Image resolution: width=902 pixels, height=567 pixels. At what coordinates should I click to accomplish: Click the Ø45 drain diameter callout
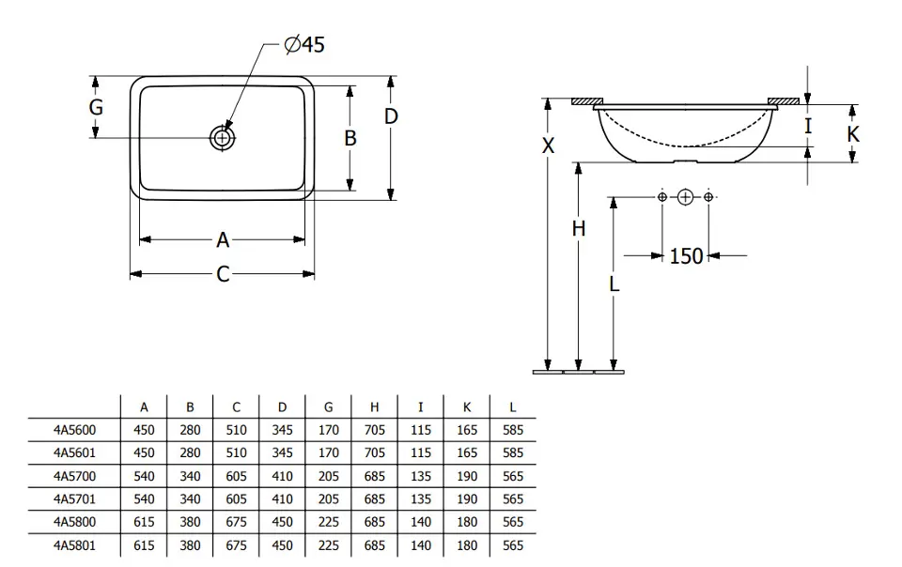[x=303, y=44]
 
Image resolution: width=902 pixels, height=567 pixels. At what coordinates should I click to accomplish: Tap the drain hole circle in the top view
[x=223, y=138]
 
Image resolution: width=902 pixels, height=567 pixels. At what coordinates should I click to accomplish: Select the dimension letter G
[x=96, y=107]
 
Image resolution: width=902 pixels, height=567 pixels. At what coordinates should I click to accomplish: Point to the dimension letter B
[x=350, y=138]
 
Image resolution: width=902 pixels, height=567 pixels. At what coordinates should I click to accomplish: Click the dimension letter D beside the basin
[x=391, y=116]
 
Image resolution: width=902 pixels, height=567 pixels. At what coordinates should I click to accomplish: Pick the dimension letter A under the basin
[x=223, y=240]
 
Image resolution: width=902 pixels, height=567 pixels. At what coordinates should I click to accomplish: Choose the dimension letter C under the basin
[x=223, y=274]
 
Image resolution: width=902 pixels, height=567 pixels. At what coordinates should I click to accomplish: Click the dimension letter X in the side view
[x=549, y=146]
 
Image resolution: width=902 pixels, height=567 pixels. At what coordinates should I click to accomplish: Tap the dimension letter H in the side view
[x=579, y=228]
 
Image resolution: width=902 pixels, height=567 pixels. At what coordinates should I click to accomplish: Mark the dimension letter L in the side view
[x=614, y=282]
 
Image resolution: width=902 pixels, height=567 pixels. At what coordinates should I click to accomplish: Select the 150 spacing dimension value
[x=686, y=255]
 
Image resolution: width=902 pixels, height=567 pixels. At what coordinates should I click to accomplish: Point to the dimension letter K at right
[x=852, y=134]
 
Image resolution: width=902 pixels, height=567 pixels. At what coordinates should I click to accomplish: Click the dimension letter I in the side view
[x=807, y=125]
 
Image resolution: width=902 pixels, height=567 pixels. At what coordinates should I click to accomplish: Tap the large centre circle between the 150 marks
[x=685, y=197]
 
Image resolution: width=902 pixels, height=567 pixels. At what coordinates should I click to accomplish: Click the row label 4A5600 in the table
[x=74, y=430]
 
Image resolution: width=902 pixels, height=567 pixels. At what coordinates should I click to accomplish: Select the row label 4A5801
[x=74, y=545]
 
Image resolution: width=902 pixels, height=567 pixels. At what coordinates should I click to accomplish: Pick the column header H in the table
[x=374, y=407]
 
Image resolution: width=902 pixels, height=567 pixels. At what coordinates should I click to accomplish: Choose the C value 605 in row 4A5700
[x=236, y=476]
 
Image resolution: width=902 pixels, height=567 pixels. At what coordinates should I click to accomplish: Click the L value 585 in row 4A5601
[x=512, y=452]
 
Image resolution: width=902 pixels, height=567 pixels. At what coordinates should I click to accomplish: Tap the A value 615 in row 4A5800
[x=144, y=522]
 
